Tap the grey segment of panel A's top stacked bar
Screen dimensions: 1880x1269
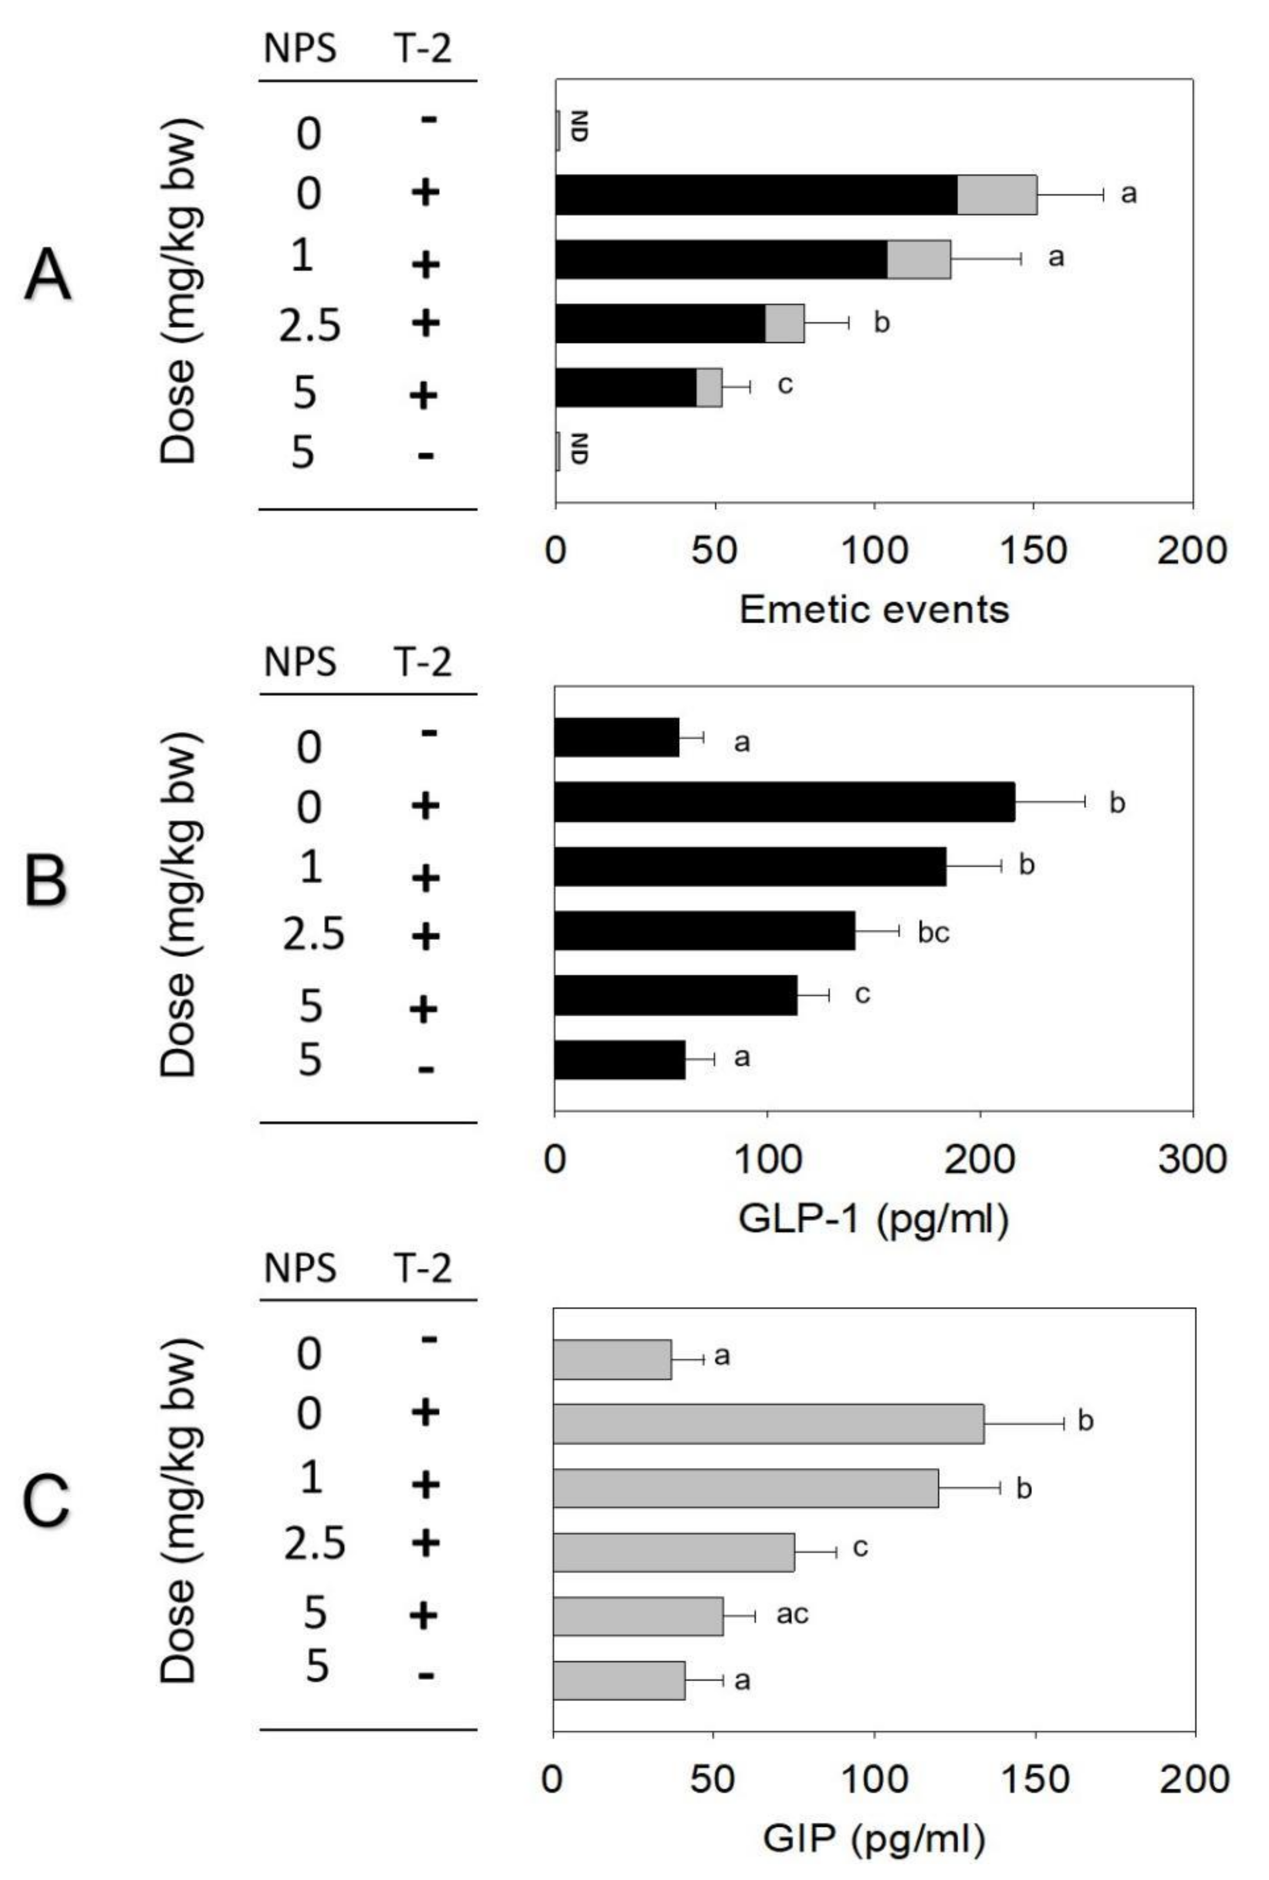[x=997, y=194]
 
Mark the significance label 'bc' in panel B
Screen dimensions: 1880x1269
[x=933, y=933]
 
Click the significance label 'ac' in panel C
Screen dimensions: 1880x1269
[x=792, y=1614]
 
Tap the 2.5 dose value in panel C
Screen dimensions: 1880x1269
[x=314, y=1544]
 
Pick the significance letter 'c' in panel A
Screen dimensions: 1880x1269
[x=784, y=385]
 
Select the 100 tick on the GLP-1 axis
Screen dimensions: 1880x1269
[x=767, y=1159]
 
